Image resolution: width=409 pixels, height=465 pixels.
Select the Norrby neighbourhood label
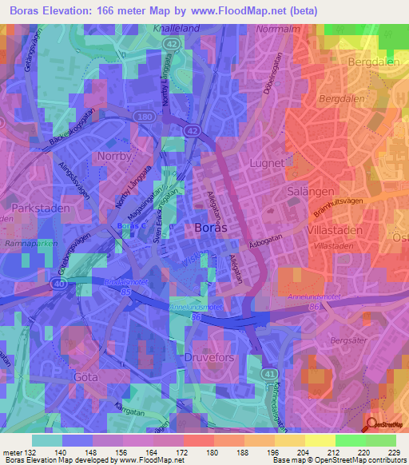click(113, 157)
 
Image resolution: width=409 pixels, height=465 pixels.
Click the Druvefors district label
click(211, 358)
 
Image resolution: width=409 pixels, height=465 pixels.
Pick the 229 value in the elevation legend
click(393, 452)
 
